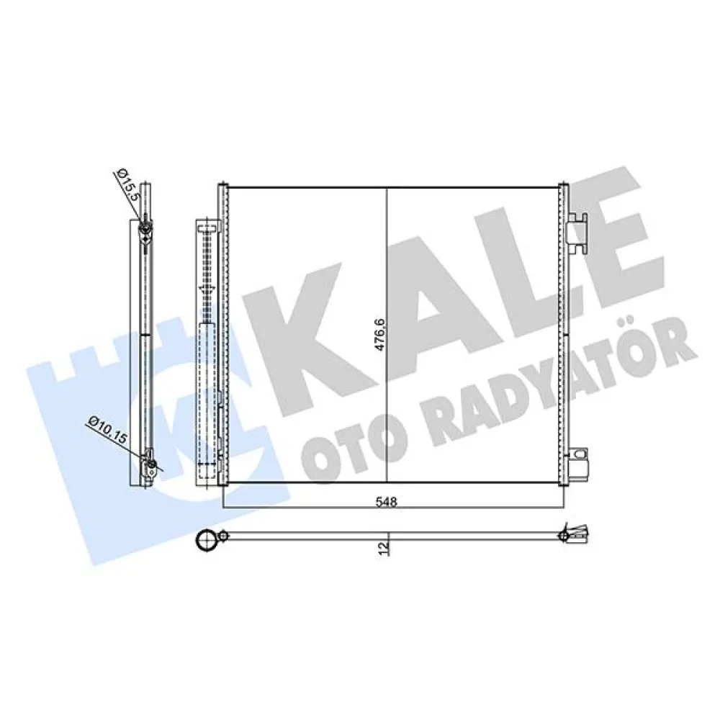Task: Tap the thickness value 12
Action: [384, 548]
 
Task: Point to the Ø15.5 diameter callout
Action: [126, 183]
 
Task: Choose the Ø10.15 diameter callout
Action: [107, 429]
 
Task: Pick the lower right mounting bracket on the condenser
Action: [577, 464]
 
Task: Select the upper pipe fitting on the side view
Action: [145, 229]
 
